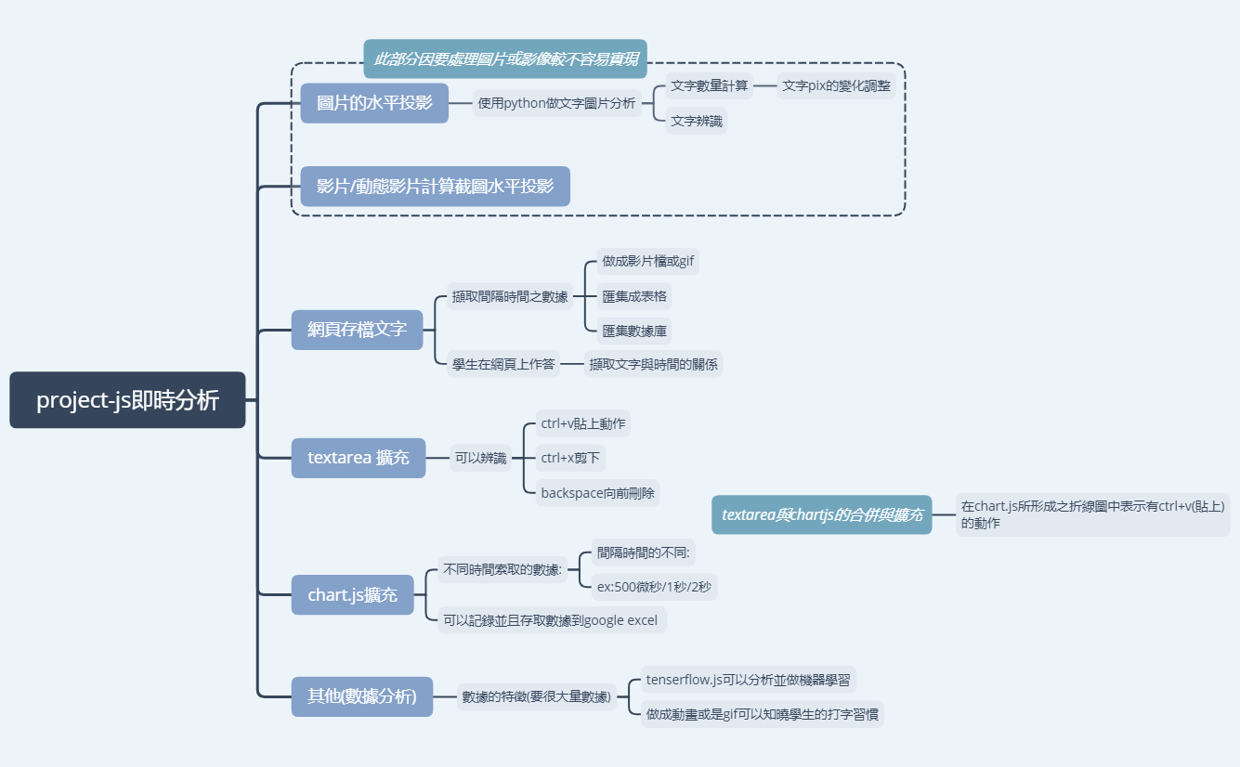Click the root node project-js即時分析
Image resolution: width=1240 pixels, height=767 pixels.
[x=127, y=400]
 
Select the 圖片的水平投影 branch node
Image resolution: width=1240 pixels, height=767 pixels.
[x=374, y=103]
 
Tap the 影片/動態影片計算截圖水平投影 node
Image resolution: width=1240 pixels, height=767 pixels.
[x=435, y=187]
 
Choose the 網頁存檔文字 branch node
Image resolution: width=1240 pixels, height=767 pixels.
[x=357, y=330]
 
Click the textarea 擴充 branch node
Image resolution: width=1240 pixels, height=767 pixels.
[x=359, y=458]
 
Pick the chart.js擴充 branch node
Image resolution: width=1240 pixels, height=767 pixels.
[x=352, y=595]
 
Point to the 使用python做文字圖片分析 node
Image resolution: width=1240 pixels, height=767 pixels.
[x=556, y=103]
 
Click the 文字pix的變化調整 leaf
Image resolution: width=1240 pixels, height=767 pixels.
[x=836, y=85]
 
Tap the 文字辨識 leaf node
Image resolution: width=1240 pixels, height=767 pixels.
[x=696, y=121]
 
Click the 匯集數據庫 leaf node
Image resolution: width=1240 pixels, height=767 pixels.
[x=633, y=331]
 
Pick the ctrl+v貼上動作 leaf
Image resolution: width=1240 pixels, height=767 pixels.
[x=583, y=424]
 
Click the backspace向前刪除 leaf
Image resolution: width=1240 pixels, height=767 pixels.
[x=598, y=493]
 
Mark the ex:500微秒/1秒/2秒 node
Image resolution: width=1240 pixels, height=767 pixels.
[x=654, y=587]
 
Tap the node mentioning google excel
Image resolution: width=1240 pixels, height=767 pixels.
[x=552, y=619]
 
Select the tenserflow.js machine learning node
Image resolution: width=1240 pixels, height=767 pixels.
[x=748, y=680]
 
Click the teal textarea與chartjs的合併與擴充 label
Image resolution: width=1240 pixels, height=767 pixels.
[x=822, y=514]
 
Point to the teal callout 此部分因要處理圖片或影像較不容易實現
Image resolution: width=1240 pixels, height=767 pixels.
[x=505, y=58]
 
